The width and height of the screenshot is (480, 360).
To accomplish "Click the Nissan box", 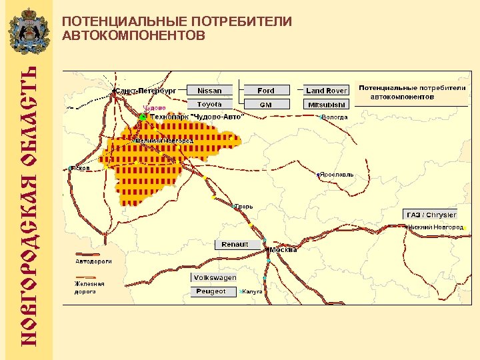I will (209, 91).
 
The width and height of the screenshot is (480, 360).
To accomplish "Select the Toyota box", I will (209, 105).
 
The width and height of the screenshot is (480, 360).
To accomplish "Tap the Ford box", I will (266, 91).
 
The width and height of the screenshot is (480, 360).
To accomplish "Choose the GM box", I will (266, 105).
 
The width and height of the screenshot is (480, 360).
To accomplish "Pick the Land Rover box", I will (327, 91).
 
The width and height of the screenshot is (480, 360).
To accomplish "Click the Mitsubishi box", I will (327, 105).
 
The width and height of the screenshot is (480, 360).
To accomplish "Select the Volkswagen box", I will (215, 277).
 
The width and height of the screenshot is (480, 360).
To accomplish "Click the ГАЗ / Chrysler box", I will (431, 215).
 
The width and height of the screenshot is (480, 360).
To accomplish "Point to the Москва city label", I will (283, 250).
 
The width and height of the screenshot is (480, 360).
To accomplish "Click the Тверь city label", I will (243, 207).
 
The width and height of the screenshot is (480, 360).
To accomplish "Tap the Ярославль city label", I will (337, 175).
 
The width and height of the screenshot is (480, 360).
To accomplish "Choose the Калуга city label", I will (252, 291).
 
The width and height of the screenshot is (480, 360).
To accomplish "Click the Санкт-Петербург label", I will (145, 90).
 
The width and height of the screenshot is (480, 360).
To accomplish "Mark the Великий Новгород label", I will (165, 141).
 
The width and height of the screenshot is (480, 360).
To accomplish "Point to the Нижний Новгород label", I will (437, 227).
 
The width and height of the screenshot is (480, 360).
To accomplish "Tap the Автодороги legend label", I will (93, 261).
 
